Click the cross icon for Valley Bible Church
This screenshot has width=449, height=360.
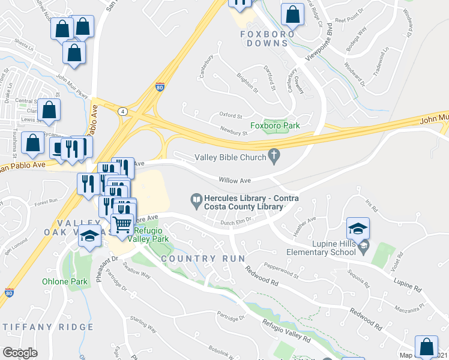click(x=274, y=157)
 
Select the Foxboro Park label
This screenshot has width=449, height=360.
click(x=274, y=125)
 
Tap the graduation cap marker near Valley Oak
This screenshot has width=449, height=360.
click(x=89, y=236)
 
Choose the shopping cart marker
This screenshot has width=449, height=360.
click(x=122, y=224)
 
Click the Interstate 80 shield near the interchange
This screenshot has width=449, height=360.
click(x=160, y=88)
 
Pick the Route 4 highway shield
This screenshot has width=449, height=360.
click(x=122, y=111)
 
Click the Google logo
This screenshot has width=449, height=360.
click(x=20, y=352)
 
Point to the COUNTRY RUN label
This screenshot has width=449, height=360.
click(x=202, y=259)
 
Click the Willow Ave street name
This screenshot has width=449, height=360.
click(x=235, y=179)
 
